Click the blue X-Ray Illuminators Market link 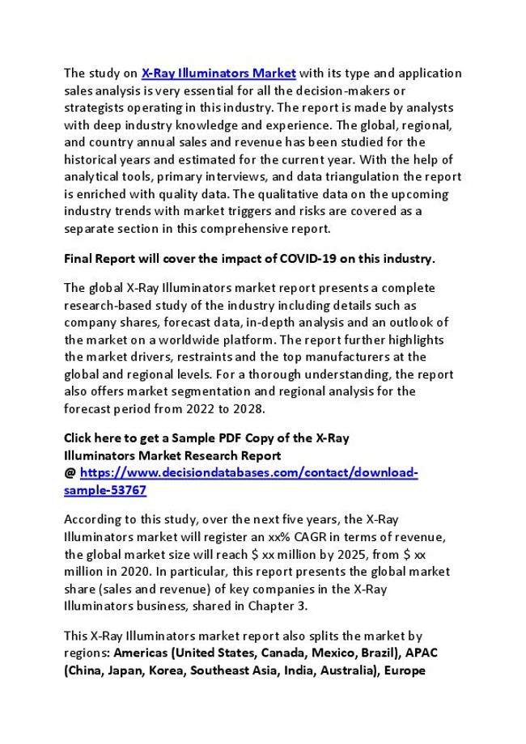point(218,73)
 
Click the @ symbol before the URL point(70,473)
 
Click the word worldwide point(190,340)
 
